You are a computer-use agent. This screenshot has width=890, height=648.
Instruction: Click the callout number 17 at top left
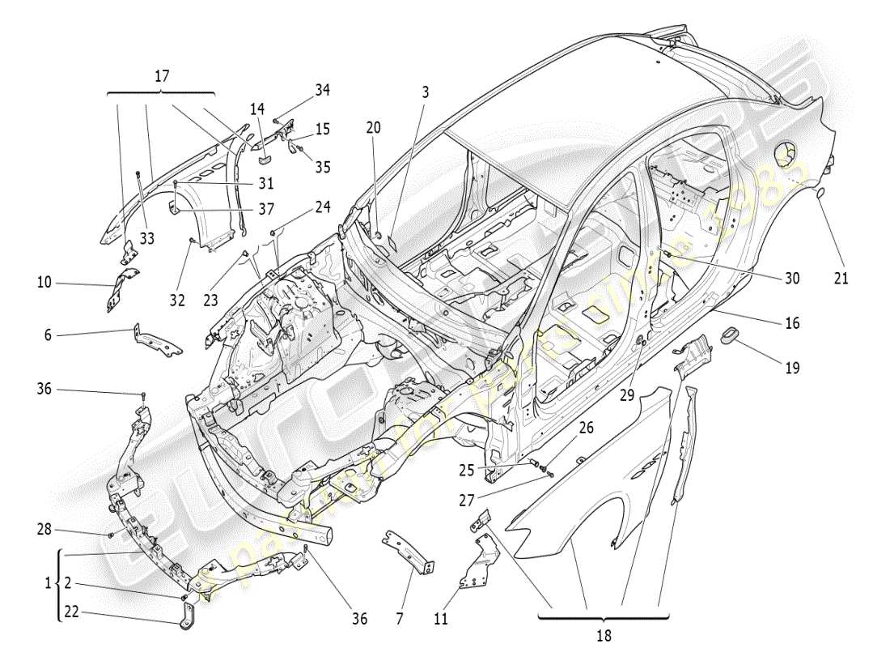click(162, 76)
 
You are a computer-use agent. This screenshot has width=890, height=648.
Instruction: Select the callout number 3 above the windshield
click(425, 92)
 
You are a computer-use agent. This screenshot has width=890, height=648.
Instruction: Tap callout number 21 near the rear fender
click(841, 279)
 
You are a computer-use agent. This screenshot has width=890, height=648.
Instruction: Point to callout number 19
click(791, 367)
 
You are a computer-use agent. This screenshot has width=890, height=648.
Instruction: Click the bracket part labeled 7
click(410, 552)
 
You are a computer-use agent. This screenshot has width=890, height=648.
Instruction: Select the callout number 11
click(440, 620)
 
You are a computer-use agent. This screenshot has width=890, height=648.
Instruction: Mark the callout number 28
click(44, 529)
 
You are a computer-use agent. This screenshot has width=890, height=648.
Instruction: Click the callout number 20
click(372, 127)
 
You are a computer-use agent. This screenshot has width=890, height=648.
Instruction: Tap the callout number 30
click(791, 278)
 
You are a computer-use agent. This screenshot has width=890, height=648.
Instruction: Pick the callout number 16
click(791, 323)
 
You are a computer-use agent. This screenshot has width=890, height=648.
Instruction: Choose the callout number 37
click(266, 209)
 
